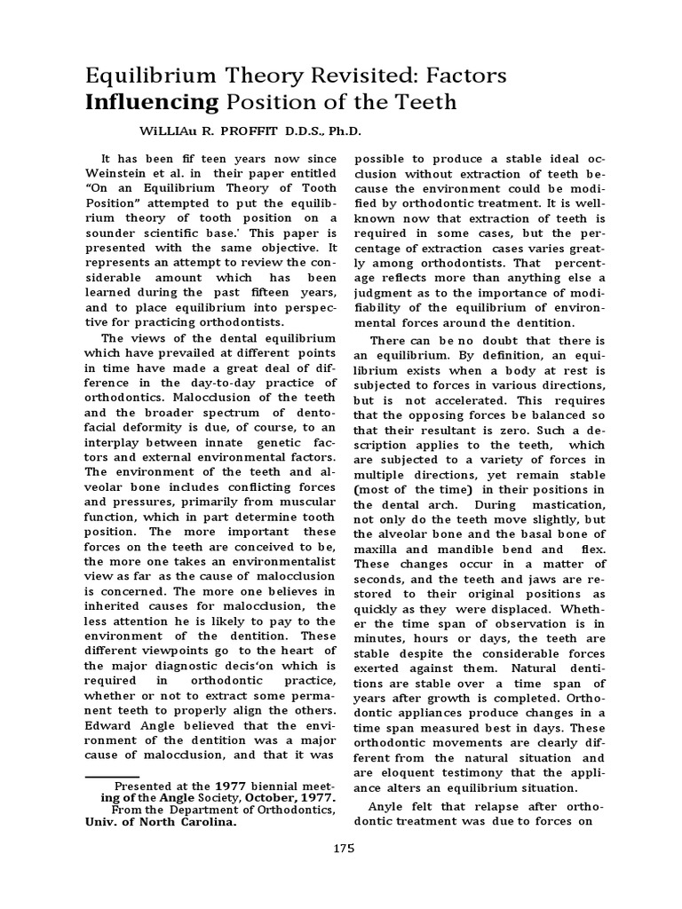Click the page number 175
(345, 848)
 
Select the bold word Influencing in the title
(151, 102)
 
